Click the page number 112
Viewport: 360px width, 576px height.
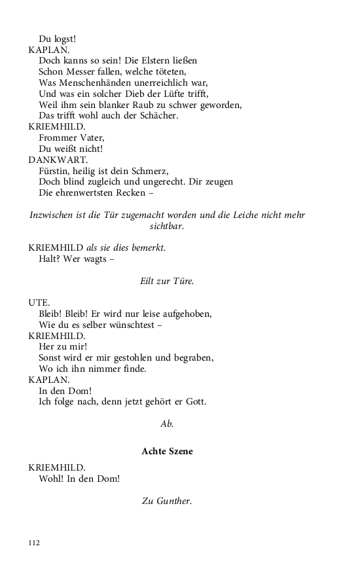coord(34,543)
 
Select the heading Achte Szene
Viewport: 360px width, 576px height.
coord(167,452)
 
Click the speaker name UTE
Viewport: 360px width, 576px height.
coord(39,303)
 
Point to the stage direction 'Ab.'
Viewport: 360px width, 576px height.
coord(167,423)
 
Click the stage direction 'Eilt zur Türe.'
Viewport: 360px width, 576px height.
coord(167,281)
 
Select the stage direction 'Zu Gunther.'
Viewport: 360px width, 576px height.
coord(167,501)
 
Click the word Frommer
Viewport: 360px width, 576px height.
coord(58,137)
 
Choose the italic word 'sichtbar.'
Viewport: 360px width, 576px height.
coord(167,226)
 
